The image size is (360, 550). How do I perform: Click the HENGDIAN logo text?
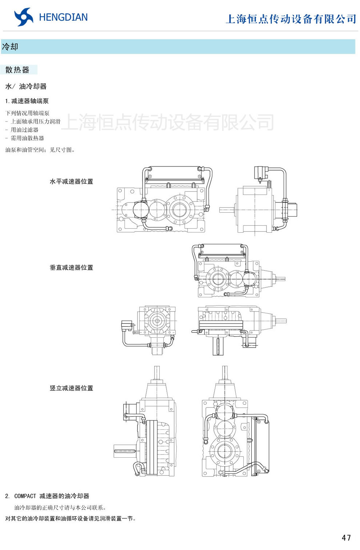pyautogui.click(x=63, y=17)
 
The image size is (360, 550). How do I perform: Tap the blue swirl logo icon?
pyautogui.click(x=24, y=17)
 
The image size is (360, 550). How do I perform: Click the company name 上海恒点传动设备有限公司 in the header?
pyautogui.click(x=291, y=19)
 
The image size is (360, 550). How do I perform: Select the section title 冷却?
pyautogui.click(x=10, y=47)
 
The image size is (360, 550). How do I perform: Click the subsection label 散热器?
pyautogui.click(x=17, y=70)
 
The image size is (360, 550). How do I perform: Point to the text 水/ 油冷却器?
pyautogui.click(x=26, y=87)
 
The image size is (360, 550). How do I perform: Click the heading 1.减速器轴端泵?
pyautogui.click(x=27, y=101)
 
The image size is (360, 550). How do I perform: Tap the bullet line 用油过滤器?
pyautogui.click(x=24, y=130)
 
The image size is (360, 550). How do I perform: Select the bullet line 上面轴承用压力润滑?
pyautogui.click(x=35, y=121)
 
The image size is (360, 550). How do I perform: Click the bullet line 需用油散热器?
pyautogui.click(x=27, y=138)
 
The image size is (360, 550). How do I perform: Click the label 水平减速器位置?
pyautogui.click(x=71, y=181)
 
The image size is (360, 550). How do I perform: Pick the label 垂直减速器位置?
pyautogui.click(x=71, y=268)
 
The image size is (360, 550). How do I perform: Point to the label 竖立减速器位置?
pyautogui.click(x=71, y=388)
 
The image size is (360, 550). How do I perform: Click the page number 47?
pyautogui.click(x=346, y=538)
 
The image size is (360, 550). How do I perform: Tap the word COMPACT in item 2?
pyautogui.click(x=25, y=496)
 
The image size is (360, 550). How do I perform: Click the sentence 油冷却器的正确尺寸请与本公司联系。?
pyautogui.click(x=60, y=507)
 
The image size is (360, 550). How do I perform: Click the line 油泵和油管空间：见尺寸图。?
pyautogui.click(x=40, y=150)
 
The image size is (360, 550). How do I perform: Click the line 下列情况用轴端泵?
pyautogui.click(x=27, y=113)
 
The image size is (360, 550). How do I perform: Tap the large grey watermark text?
pyautogui.click(x=167, y=122)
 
